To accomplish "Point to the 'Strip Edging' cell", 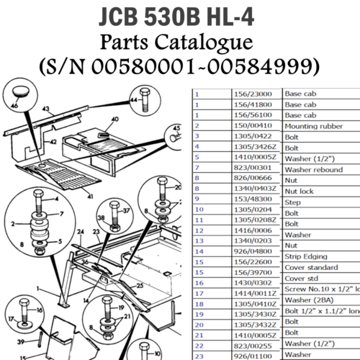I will click(306, 256).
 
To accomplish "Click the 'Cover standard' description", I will click(312, 267).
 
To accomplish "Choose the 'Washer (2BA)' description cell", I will click(311, 299).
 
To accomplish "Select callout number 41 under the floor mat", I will click(91, 196).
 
